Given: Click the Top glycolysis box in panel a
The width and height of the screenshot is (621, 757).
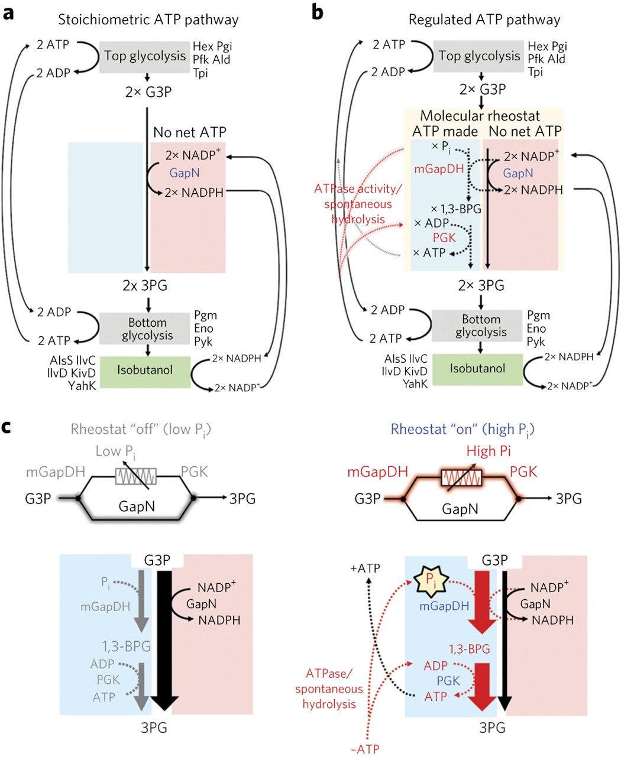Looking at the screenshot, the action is coord(144,57).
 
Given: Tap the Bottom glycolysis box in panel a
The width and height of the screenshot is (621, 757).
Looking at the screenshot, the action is coord(144,329).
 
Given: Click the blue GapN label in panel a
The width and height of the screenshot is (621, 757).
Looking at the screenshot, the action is coord(185,173).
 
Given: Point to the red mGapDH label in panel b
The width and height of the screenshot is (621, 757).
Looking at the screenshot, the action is coord(439,168).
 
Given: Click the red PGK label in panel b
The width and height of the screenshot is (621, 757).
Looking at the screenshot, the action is coord(444,238).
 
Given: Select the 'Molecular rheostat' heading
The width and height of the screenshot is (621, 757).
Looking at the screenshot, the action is coord(480,116).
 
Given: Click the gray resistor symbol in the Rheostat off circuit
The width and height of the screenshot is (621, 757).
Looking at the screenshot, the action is coord(136,476).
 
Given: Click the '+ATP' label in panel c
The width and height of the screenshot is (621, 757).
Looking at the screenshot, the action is coord(365,568).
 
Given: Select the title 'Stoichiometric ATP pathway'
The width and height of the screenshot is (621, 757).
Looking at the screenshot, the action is coord(148,20).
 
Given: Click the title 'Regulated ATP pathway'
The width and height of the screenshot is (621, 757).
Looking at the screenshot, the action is coord(484,20).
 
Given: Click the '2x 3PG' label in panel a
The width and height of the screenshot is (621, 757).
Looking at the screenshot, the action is coord(145,285).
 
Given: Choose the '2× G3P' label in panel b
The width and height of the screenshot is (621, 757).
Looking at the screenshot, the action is coord(483,89).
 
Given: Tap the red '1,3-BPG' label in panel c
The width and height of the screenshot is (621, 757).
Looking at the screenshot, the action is coord(470,649).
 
